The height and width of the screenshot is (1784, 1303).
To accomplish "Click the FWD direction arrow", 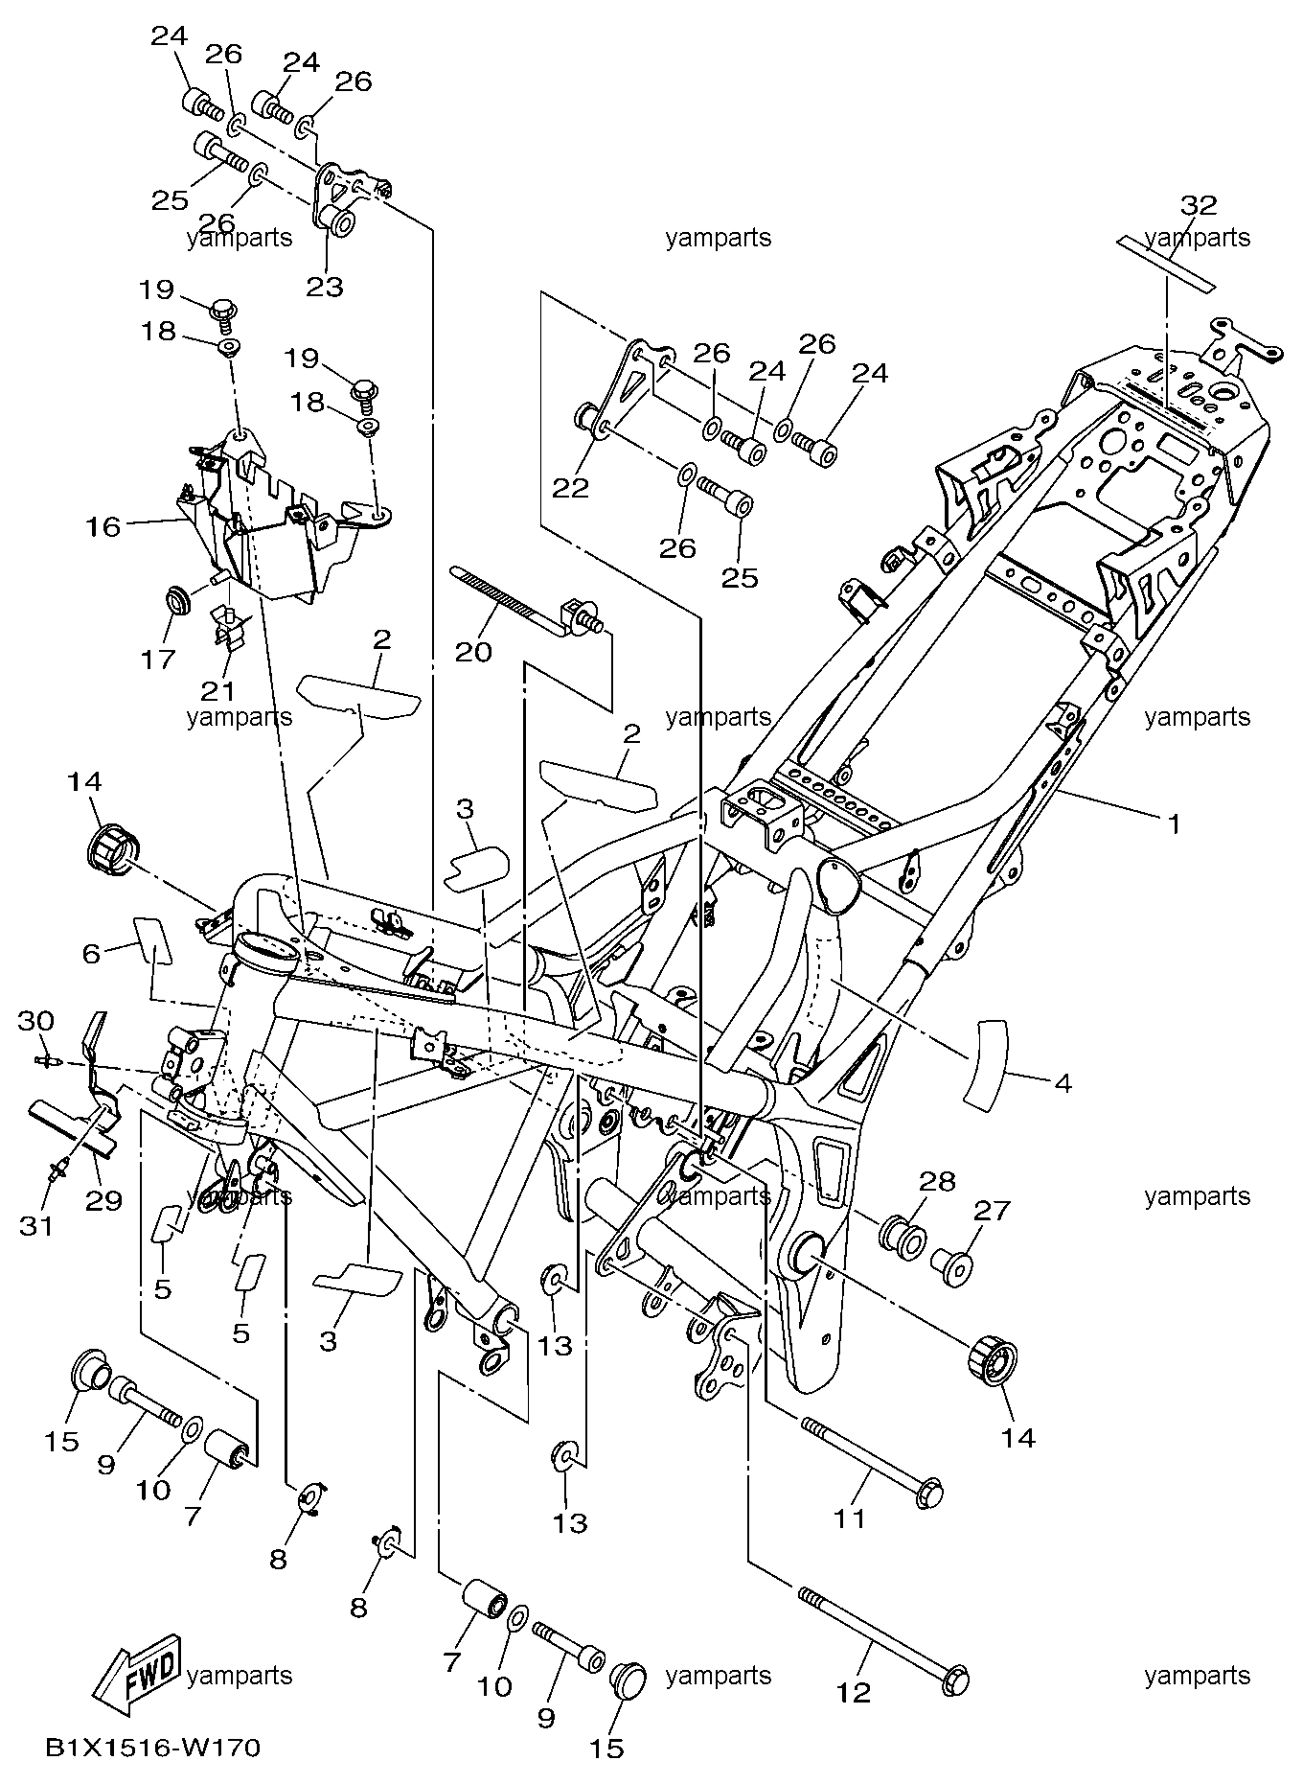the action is pos(137,1675).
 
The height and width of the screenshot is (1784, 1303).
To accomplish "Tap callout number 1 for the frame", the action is pos(1172,822).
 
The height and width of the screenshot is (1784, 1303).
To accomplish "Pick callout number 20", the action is pos(473,652).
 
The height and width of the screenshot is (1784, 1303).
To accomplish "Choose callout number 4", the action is pos(1061,1084).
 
